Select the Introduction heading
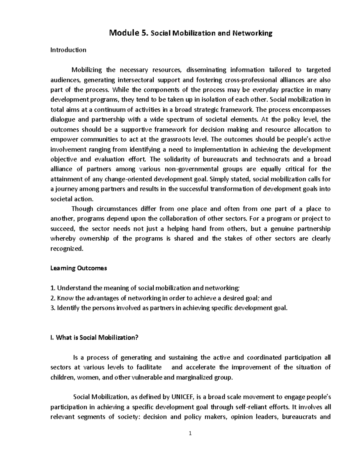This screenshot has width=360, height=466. tap(68, 50)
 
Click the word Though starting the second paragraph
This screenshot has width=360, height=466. tap(82, 209)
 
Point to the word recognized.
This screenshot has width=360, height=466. tap(66, 248)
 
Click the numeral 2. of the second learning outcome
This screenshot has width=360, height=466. tap(52, 298)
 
